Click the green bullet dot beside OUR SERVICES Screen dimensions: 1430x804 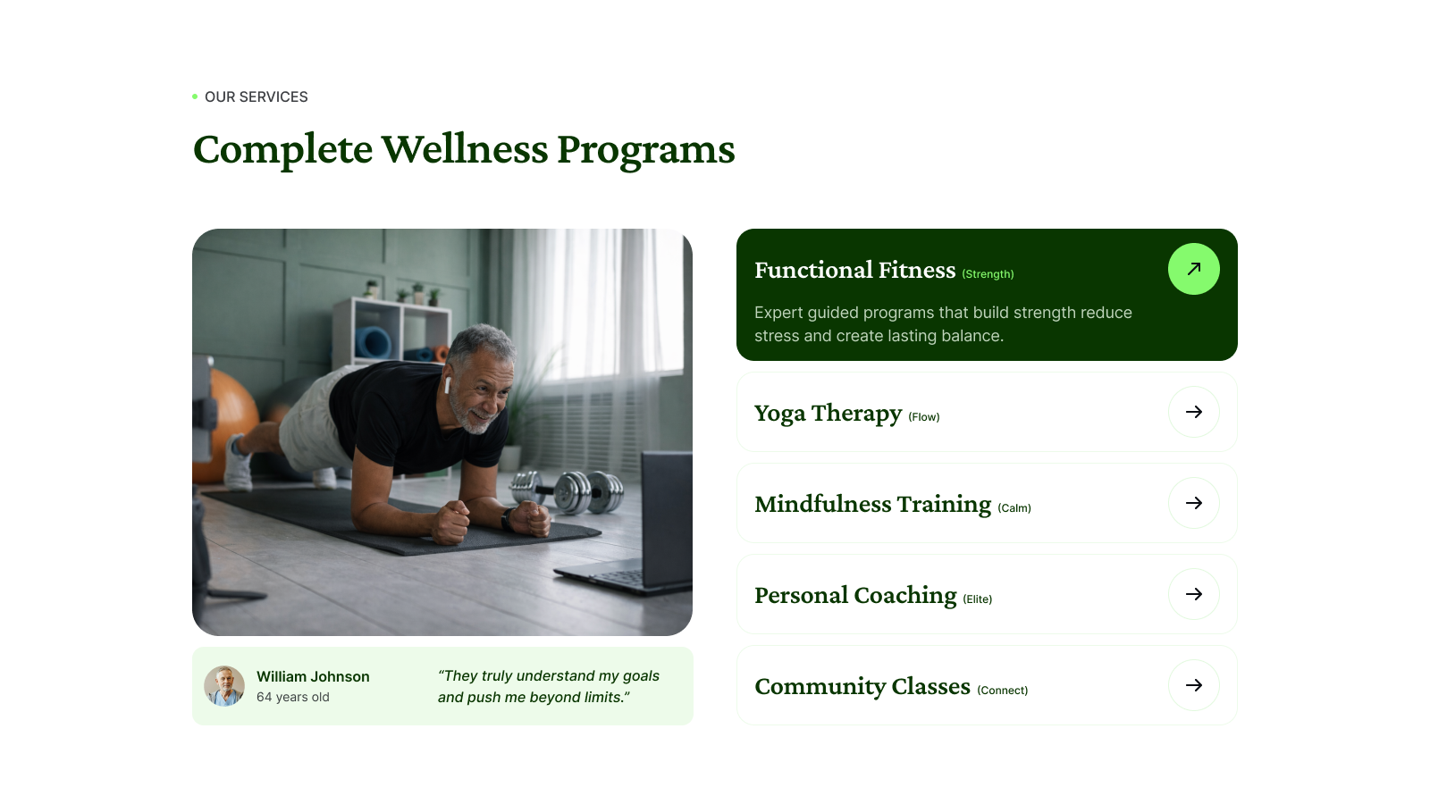pos(195,97)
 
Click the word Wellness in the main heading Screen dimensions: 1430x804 pos(465,149)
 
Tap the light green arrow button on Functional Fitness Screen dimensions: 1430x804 pos(1194,269)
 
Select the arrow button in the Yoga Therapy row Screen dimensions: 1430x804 pos(1194,412)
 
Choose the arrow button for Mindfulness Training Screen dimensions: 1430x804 pos(1194,503)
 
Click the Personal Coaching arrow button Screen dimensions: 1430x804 pos(1194,594)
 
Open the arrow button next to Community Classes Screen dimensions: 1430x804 pos(1194,685)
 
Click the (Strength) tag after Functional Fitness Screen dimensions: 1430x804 pos(988,274)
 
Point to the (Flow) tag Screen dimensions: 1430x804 pos(924,417)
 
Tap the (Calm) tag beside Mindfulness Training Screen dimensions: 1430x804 pos(1014,508)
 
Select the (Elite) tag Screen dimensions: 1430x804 pos(978,599)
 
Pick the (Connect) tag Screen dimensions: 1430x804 pos(1002,691)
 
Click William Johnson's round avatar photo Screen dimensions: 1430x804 pos(224,686)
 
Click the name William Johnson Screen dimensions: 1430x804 pos(313,676)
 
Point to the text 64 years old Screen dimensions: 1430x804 pos(293,698)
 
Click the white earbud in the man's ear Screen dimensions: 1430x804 pos(448,385)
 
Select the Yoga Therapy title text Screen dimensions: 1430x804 pos(828,414)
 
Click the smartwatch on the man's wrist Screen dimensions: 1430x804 pos(508,519)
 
